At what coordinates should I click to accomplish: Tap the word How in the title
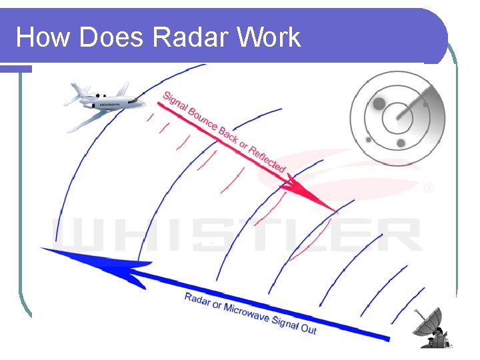point(44,37)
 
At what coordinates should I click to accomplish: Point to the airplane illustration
point(103,104)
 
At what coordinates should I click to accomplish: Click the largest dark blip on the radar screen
point(379,104)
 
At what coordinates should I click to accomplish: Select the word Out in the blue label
point(308,328)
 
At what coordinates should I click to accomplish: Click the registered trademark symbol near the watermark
point(429,189)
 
